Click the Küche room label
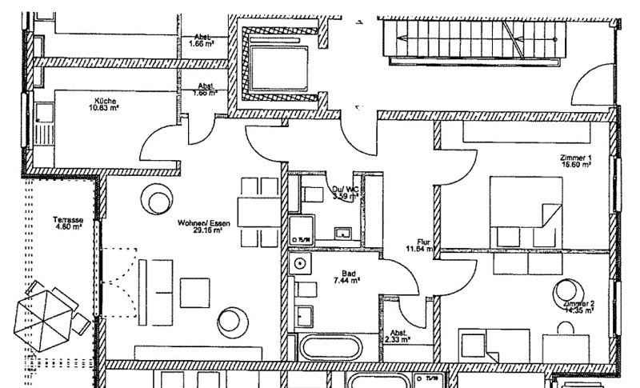104,101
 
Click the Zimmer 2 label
578,304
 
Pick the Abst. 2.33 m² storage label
398,336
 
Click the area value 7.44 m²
345,281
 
